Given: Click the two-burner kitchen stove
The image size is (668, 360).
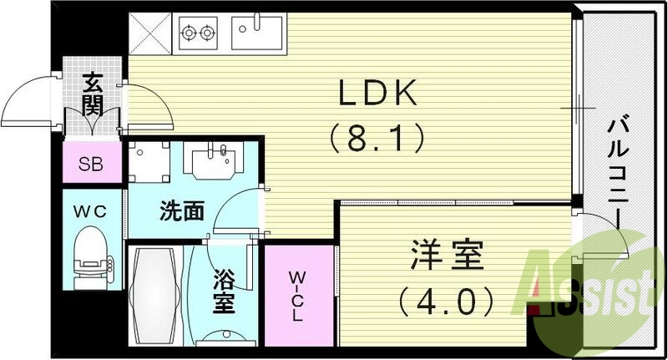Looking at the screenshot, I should (x=198, y=34).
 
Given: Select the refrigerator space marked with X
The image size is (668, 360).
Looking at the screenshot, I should (x=150, y=34).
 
